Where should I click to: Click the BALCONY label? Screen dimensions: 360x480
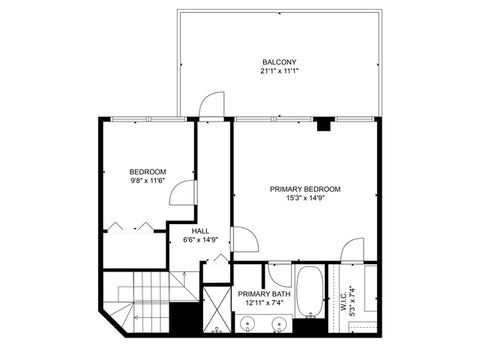(279, 61)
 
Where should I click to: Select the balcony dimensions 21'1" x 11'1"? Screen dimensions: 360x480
(279, 71)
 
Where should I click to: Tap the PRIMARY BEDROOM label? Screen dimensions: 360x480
(305, 188)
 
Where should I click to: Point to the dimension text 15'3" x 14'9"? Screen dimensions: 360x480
(305, 198)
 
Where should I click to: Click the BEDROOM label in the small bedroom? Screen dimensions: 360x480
(147, 171)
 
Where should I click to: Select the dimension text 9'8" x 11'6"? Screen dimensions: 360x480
(147, 181)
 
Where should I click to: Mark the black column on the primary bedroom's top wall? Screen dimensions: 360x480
(323, 126)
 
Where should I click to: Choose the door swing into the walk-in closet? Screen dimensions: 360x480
(351, 251)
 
